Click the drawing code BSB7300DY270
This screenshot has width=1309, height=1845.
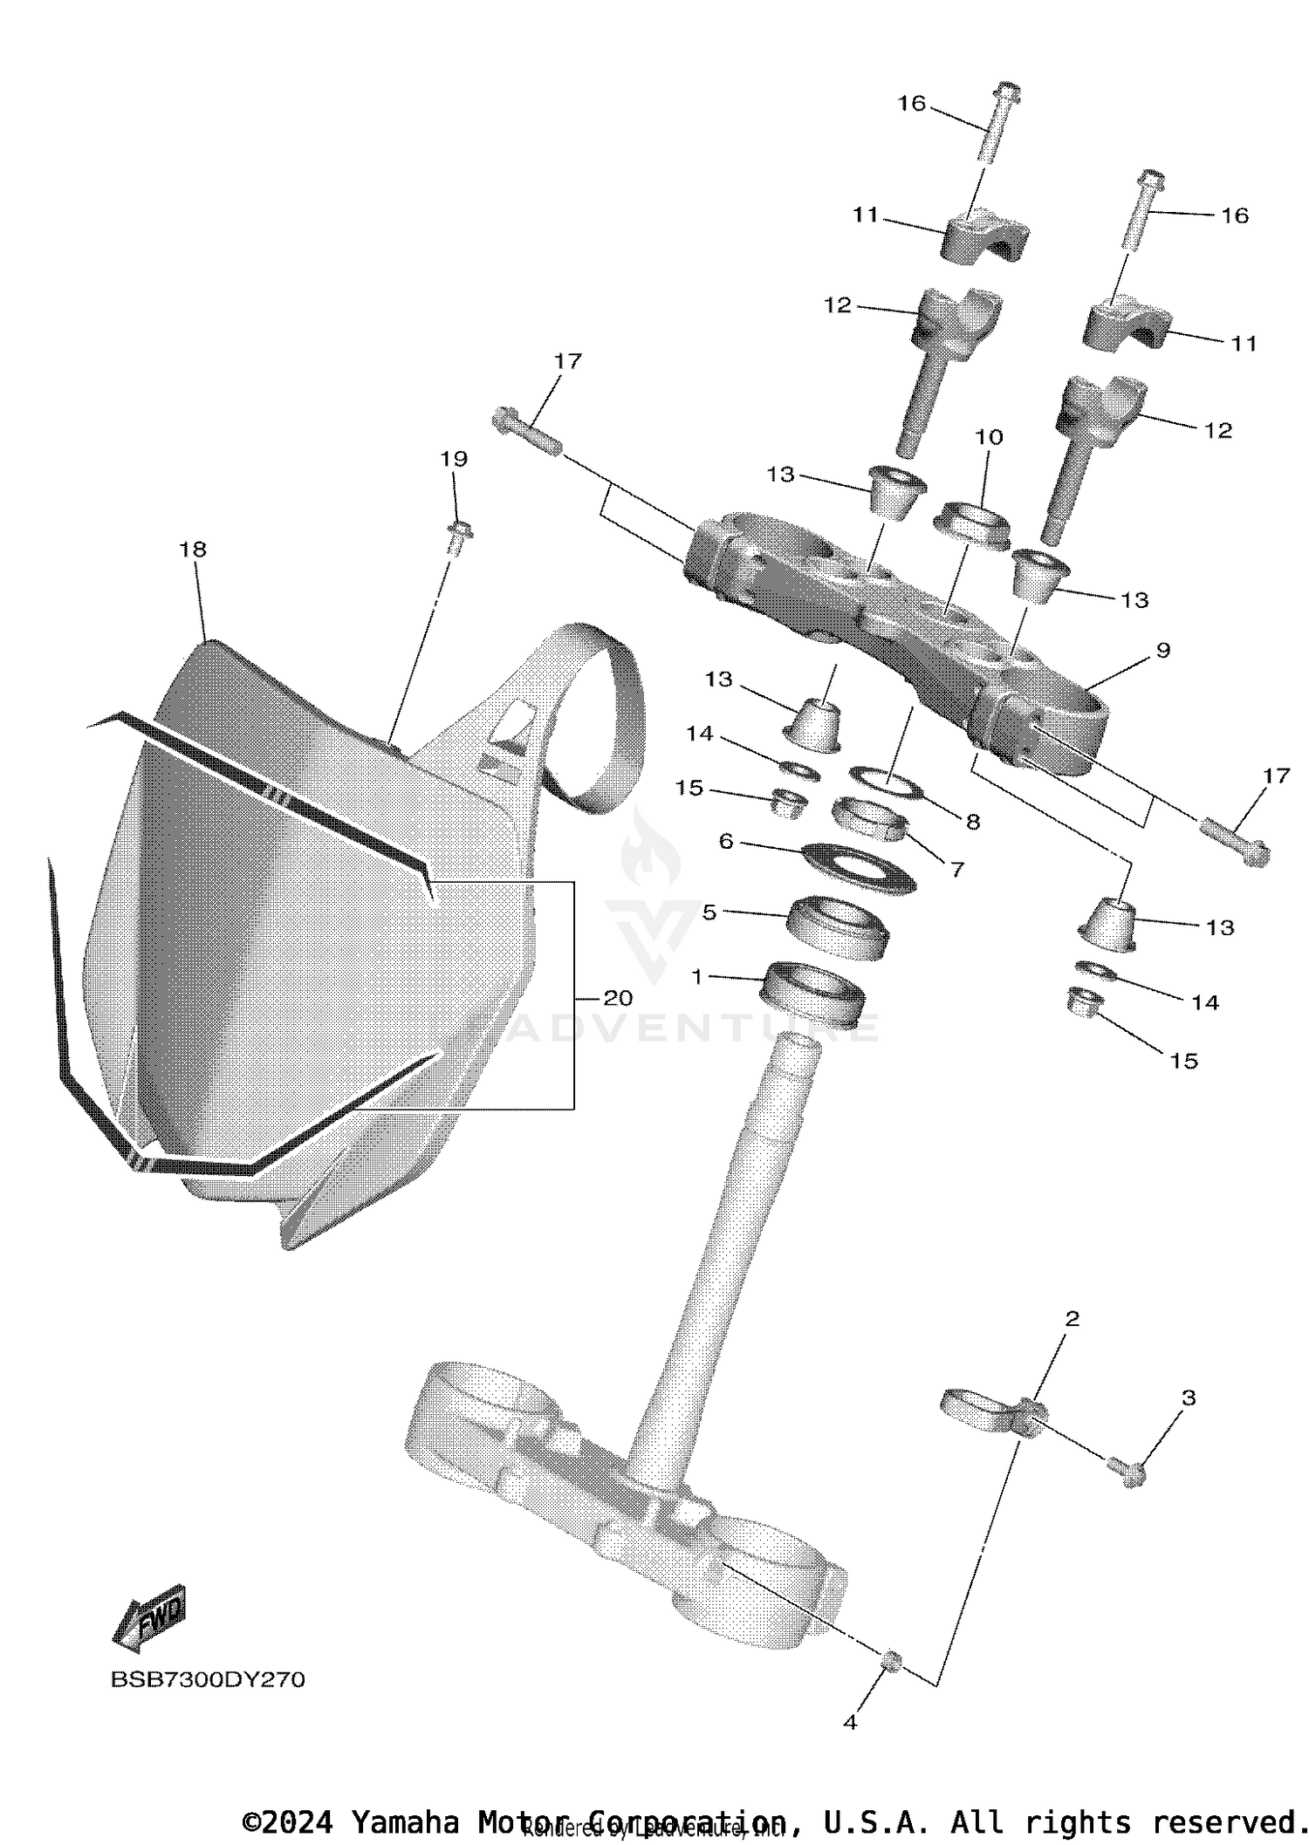coord(208,1679)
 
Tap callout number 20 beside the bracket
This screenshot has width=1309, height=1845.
coord(618,998)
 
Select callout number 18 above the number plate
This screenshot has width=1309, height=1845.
coord(193,550)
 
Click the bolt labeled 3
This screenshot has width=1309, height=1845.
coord(1127,1471)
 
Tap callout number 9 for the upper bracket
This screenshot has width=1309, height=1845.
coord(1162,650)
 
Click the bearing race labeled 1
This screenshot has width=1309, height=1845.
coord(813,994)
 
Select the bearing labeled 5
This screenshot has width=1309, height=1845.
coord(838,929)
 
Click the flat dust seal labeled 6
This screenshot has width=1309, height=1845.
coord(858,865)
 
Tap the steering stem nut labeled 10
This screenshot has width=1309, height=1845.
coord(971,523)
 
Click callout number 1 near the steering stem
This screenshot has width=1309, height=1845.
coord(696,978)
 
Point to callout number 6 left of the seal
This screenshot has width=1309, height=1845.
coord(725,841)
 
